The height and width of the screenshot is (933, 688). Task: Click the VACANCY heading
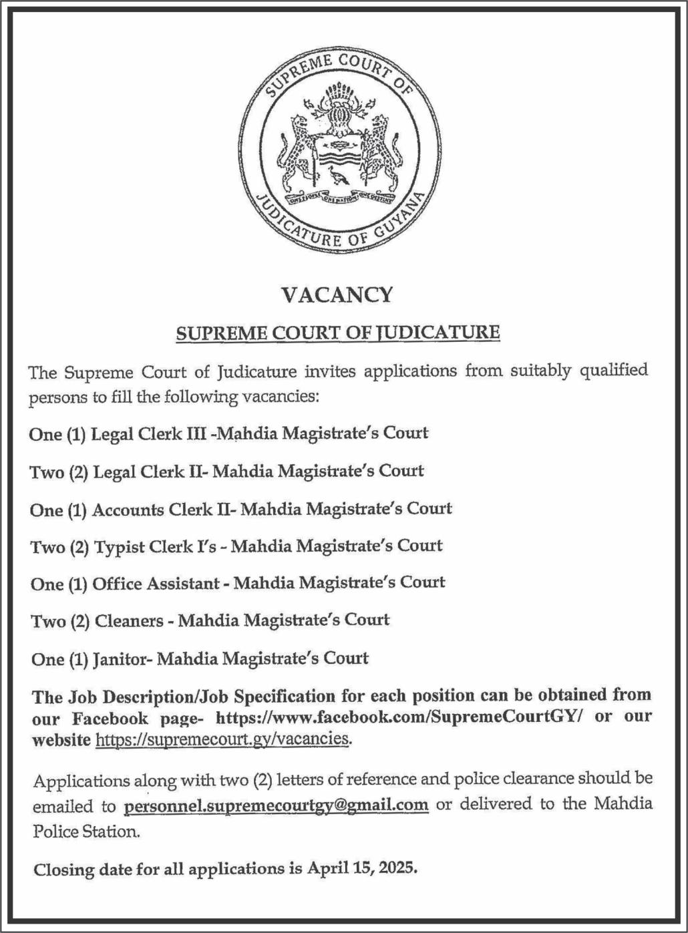[337, 295]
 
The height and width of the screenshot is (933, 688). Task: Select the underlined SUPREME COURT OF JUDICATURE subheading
[337, 333]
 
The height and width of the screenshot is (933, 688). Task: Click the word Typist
[120, 547]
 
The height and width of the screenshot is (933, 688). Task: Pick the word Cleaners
[129, 621]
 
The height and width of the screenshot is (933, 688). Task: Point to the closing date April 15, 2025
[361, 869]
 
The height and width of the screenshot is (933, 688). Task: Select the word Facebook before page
[110, 719]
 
